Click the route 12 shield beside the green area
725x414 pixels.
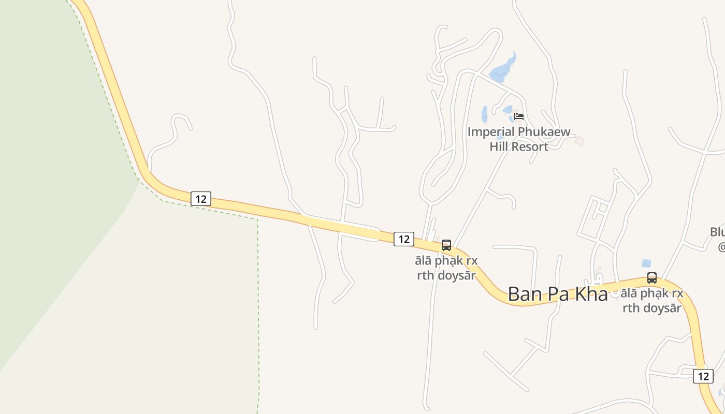(201, 199)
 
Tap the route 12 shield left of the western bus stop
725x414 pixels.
(404, 239)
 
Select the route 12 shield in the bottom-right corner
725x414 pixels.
(703, 376)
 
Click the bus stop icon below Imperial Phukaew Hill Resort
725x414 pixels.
(446, 245)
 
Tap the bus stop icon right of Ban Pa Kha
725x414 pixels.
(652, 278)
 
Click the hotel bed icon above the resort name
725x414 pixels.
(519, 116)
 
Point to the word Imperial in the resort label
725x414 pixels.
(492, 132)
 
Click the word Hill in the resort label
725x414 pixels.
(500, 147)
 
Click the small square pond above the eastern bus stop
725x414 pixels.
(646, 263)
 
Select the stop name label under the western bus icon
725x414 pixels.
(447, 268)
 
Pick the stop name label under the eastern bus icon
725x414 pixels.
(652, 300)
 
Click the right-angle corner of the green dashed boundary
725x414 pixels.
(257, 219)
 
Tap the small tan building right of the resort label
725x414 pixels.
(579, 141)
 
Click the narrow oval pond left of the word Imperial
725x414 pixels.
(485, 114)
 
